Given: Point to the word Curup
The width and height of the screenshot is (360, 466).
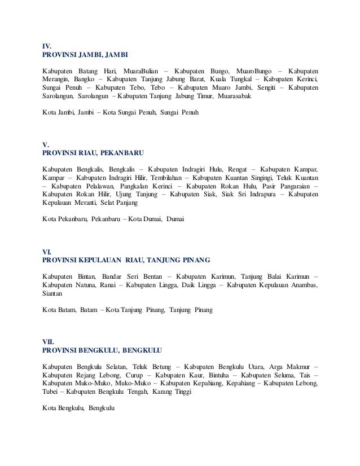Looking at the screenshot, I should point(131,375).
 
